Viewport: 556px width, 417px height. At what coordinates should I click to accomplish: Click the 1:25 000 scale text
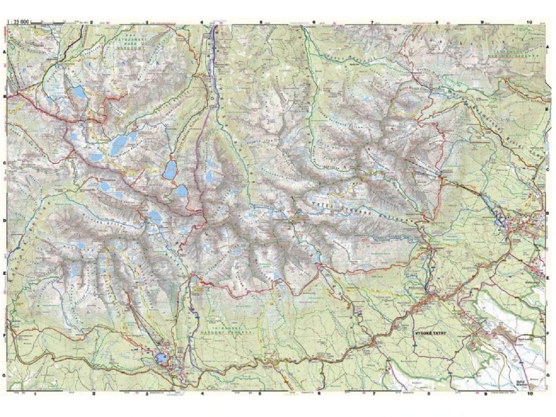pos(18,22)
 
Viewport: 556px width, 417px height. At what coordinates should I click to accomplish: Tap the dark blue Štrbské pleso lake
pos(162,358)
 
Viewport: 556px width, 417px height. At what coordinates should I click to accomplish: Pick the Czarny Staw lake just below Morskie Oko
pos(181,192)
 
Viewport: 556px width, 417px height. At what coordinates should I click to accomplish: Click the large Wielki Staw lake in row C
pos(118,144)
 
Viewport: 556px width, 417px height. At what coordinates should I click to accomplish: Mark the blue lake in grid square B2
pos(79,92)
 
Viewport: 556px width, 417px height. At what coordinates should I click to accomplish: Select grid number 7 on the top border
pos(373,23)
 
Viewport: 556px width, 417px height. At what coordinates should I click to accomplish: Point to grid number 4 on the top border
pos(202,23)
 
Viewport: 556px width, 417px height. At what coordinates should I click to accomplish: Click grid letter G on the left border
pos(4,375)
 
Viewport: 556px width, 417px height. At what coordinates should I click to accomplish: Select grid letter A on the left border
pos(4,51)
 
